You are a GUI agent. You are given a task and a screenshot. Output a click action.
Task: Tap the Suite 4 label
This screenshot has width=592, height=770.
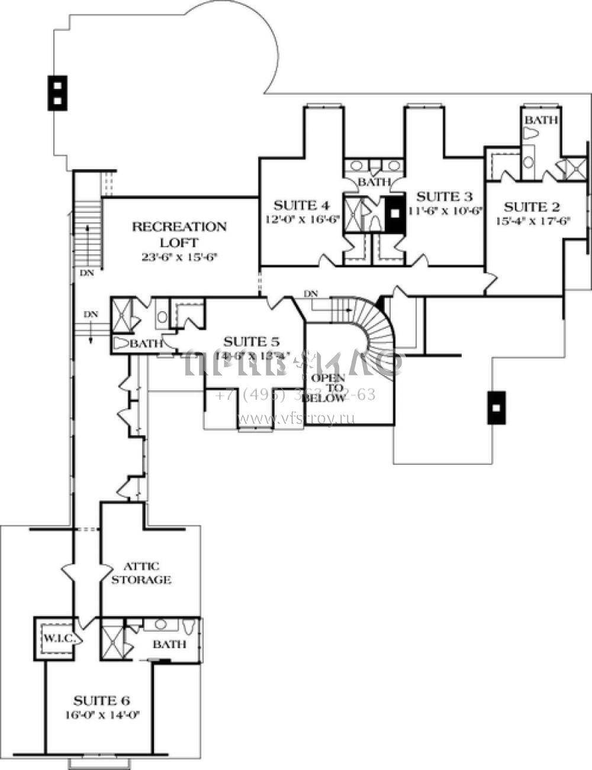[x=301, y=206]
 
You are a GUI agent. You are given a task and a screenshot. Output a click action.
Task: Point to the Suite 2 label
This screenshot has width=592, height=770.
[x=532, y=207]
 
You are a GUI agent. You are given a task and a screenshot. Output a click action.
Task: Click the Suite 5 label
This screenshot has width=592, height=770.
[x=251, y=342]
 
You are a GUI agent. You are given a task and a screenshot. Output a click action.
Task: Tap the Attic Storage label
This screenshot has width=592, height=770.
[x=141, y=573]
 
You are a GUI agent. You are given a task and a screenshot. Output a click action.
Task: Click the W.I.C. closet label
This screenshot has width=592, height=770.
[x=57, y=639]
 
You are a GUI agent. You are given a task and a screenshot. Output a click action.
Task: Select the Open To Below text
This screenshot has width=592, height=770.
[x=324, y=388]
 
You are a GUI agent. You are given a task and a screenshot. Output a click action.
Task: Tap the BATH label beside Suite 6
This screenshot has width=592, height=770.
[x=169, y=644]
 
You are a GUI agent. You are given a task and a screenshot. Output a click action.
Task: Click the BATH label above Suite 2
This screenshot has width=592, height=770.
[x=542, y=120]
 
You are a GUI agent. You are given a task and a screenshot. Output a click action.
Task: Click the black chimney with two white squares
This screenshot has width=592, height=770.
[x=57, y=93]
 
